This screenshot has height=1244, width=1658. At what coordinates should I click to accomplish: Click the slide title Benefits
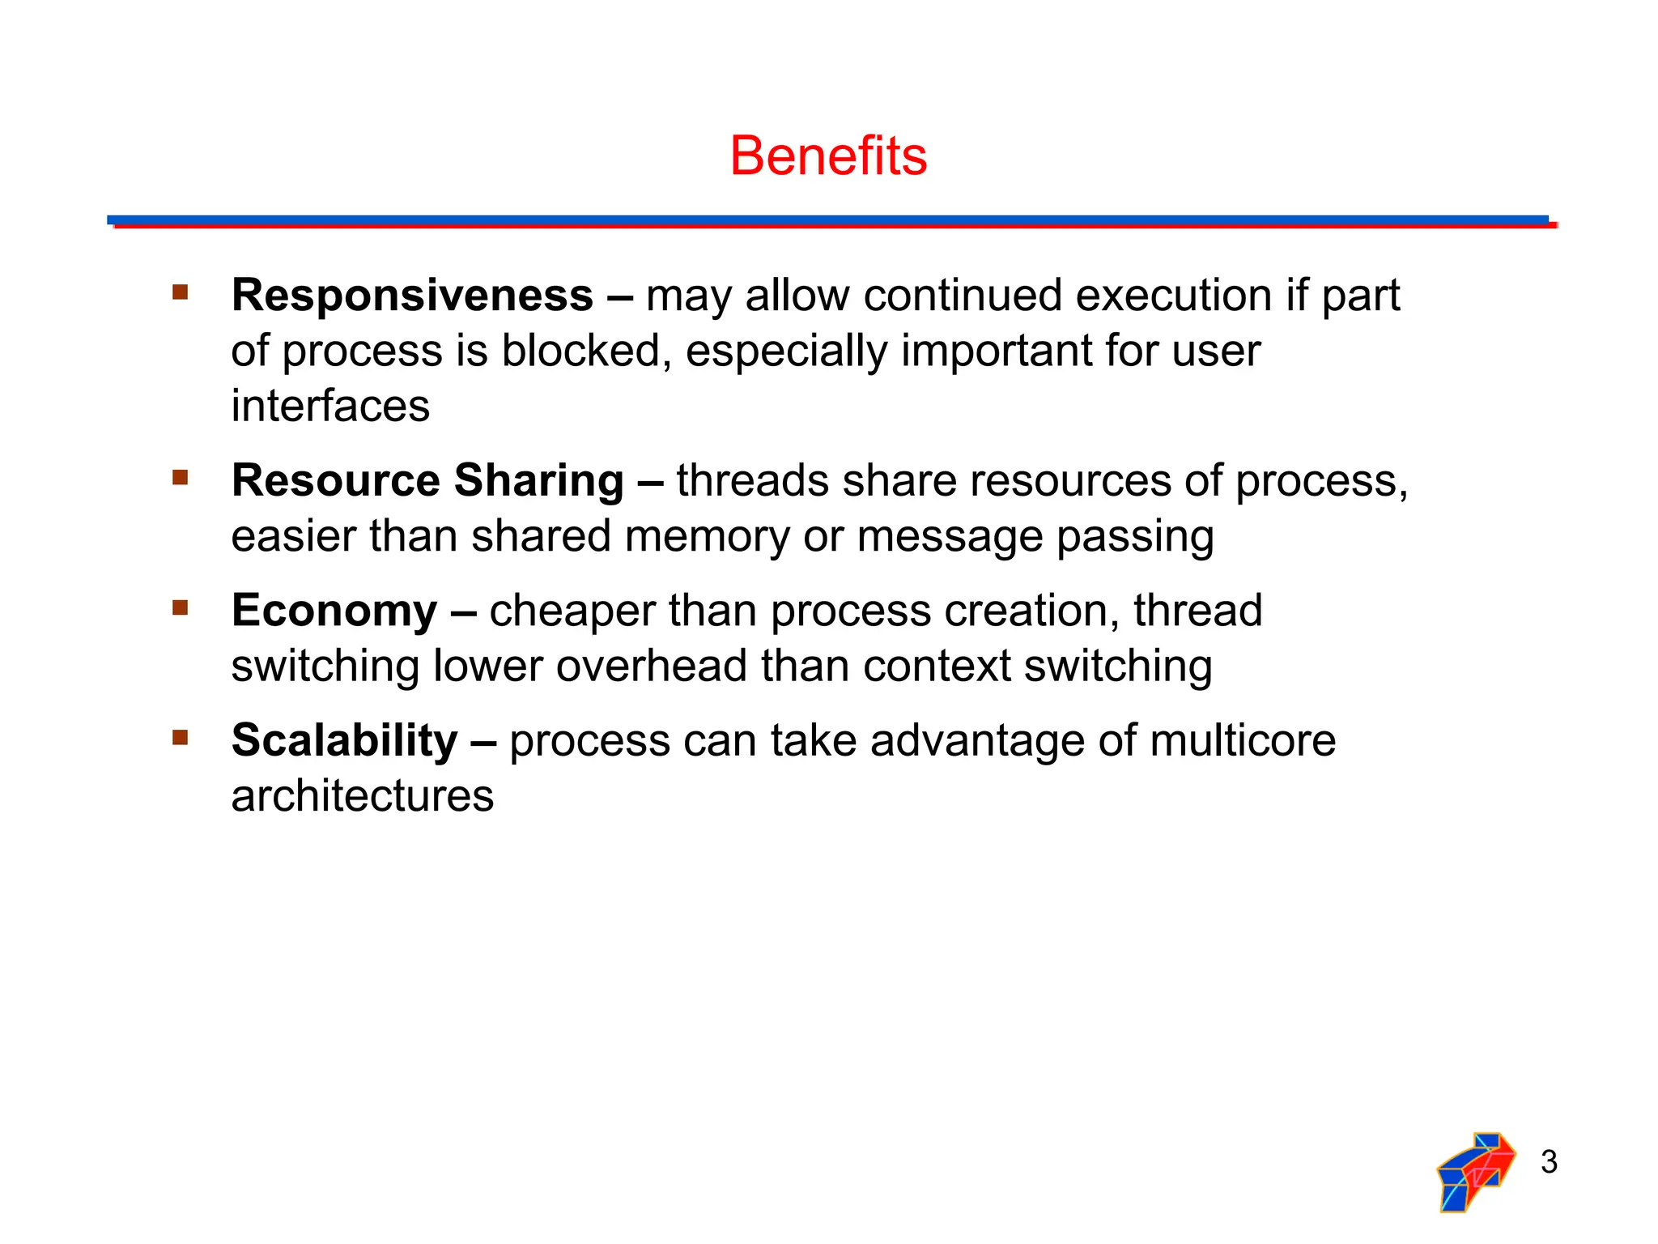(828, 155)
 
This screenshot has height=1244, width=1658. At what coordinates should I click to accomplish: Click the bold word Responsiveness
(412, 295)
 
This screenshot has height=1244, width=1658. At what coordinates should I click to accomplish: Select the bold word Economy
(334, 610)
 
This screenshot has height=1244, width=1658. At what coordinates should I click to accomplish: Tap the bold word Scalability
(344, 740)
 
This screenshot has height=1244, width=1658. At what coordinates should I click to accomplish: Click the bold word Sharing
(538, 480)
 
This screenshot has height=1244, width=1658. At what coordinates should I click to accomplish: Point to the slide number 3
(1549, 1161)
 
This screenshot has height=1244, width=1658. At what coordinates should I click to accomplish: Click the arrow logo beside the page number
(1475, 1171)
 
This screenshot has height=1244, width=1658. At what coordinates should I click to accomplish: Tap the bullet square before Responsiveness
(180, 292)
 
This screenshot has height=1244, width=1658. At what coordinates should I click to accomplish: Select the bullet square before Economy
(180, 607)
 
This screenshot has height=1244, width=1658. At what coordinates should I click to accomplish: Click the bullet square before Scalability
(180, 737)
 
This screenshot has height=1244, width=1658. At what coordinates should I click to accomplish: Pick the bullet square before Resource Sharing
(180, 477)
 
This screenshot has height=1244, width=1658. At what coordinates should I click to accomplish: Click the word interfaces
(330, 406)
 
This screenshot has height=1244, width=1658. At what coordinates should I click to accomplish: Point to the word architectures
(362, 796)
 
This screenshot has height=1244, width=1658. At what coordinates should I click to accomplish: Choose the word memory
(707, 536)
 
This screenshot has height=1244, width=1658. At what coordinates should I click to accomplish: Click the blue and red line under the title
(828, 221)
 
